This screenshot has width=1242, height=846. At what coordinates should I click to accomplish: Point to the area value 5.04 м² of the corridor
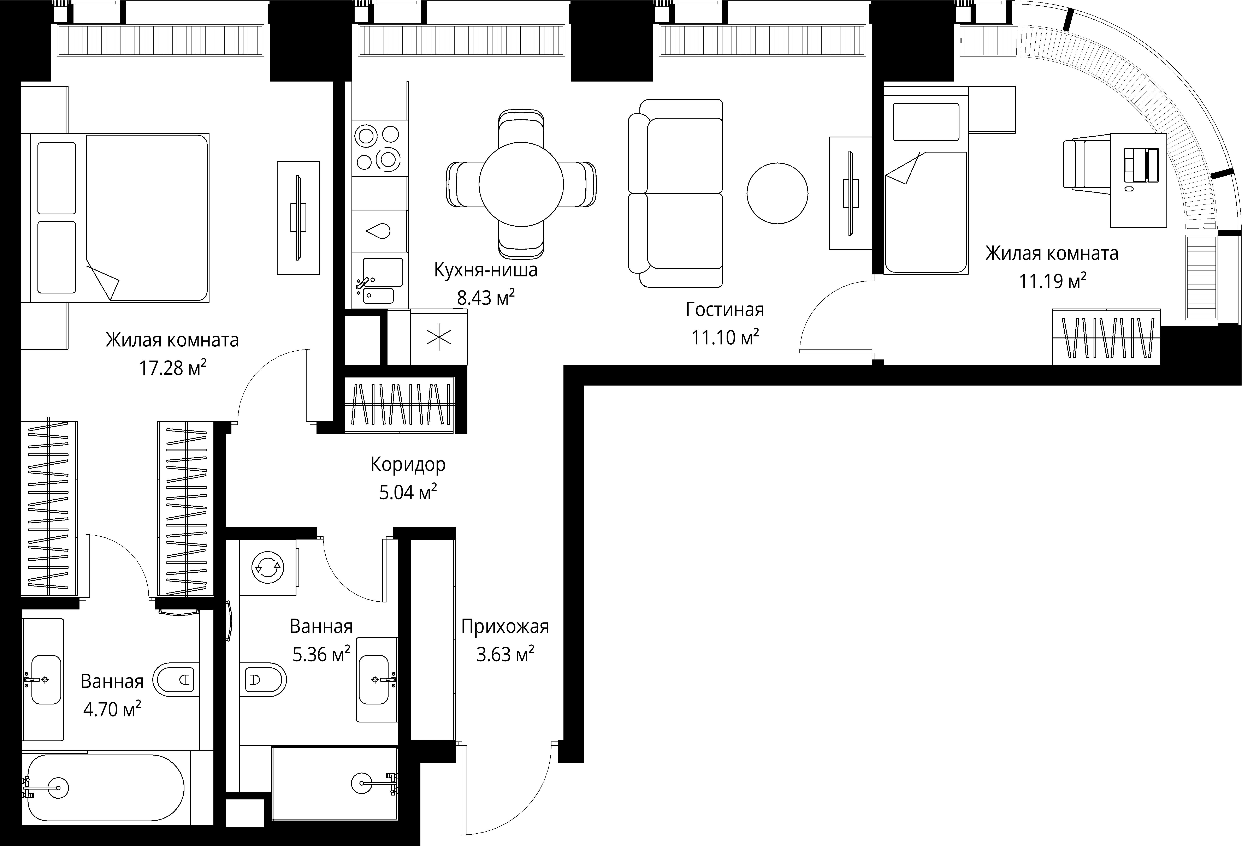[x=408, y=492]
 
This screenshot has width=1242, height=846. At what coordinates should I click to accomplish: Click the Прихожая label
[x=505, y=626]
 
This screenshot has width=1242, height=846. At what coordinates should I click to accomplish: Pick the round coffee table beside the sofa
[x=777, y=193]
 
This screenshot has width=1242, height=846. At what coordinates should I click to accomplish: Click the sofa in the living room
[x=675, y=193]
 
